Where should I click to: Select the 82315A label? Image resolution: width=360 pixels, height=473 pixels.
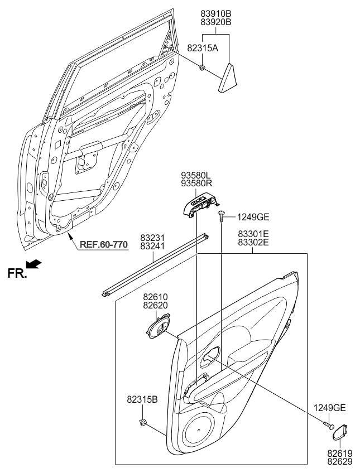tap(202, 49)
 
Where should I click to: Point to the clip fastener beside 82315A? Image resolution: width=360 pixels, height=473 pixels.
tap(203, 68)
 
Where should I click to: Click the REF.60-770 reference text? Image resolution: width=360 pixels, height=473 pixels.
tap(103, 244)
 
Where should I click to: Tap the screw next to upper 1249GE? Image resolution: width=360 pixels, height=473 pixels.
tap(221, 215)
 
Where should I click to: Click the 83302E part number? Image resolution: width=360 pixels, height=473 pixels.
tap(253, 244)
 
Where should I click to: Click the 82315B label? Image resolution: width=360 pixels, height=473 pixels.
tap(142, 399)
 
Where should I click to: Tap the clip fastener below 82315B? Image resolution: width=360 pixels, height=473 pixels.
tap(144, 422)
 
